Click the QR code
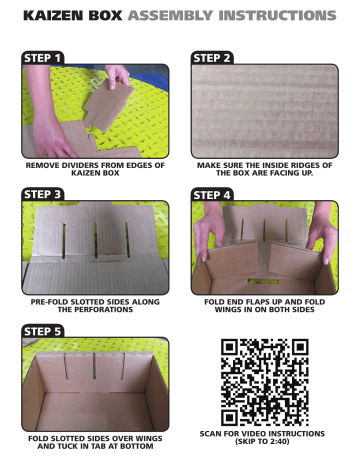pyautogui.click(x=264, y=382)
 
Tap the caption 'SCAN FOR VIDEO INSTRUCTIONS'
pyautogui.click(x=264, y=433)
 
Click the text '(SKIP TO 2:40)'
pyautogui.click(x=264, y=442)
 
